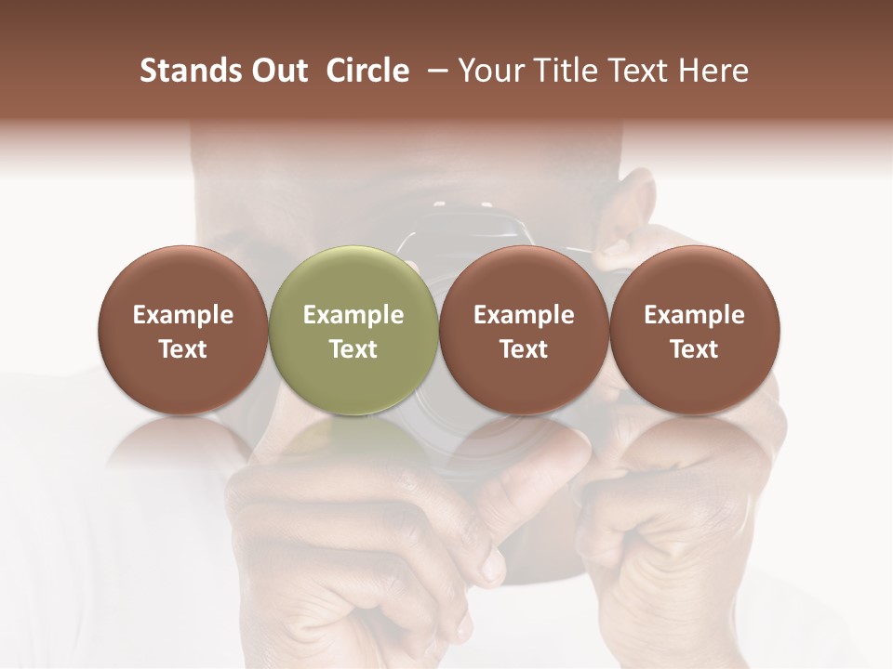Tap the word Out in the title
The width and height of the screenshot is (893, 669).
click(279, 71)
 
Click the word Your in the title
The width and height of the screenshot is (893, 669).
click(489, 71)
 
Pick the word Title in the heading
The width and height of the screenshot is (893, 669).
click(561, 71)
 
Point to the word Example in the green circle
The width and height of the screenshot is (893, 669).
click(353, 315)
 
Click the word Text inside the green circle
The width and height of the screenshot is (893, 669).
click(353, 349)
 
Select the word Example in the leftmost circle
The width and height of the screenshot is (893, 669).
click(182, 315)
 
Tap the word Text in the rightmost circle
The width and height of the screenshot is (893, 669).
click(694, 349)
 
